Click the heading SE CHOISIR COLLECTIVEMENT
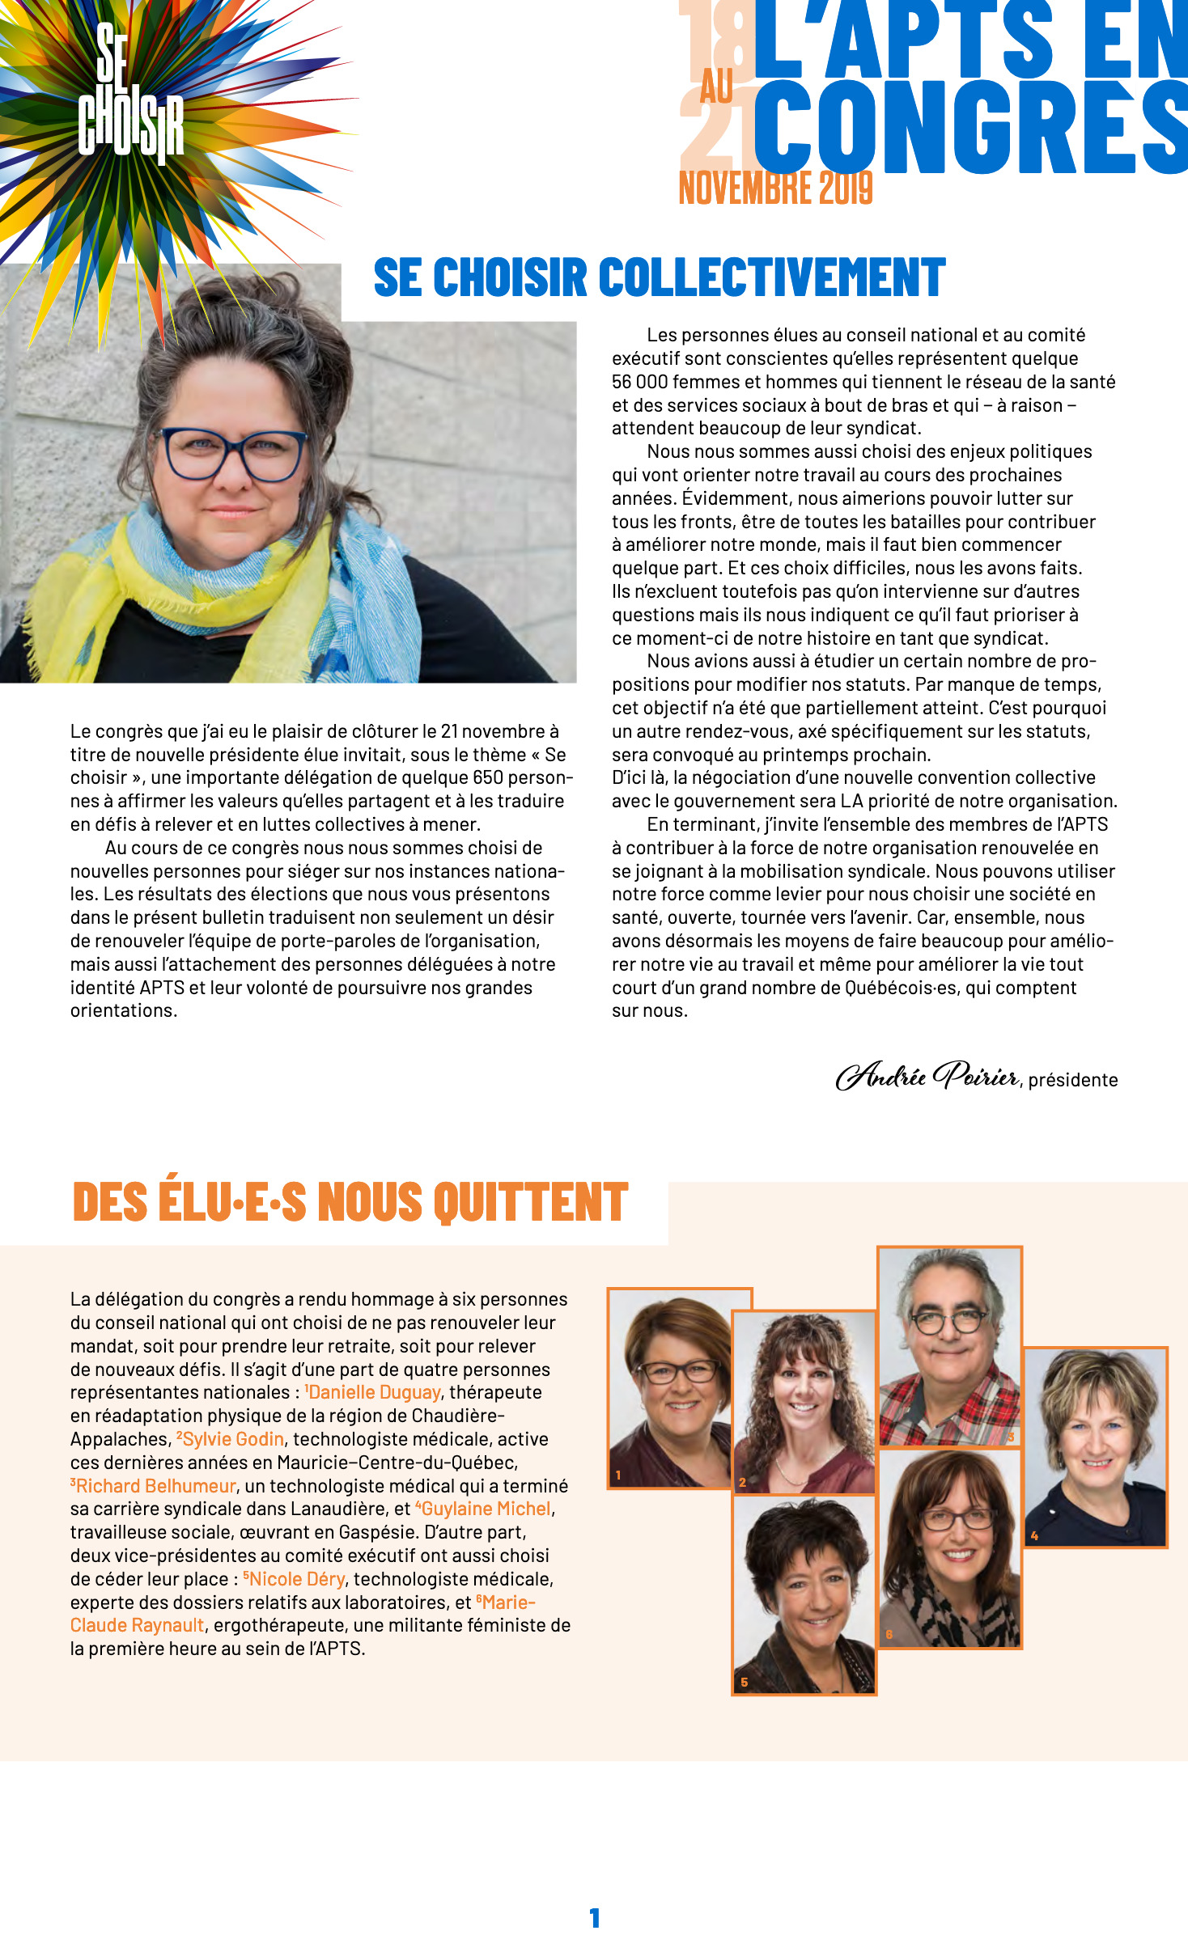point(659,277)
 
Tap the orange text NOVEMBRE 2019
point(775,188)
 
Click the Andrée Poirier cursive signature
point(927,1075)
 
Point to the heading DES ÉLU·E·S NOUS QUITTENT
point(350,1201)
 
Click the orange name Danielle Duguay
point(375,1392)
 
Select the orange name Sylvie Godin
point(233,1439)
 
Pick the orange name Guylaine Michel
point(486,1509)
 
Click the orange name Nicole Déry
point(296,1579)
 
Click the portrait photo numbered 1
point(670,1388)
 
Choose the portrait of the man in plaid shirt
point(949,1346)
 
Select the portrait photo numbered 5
point(804,1594)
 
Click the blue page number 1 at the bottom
point(595,1918)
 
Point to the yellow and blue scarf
point(219,582)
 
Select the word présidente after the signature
point(1073,1080)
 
